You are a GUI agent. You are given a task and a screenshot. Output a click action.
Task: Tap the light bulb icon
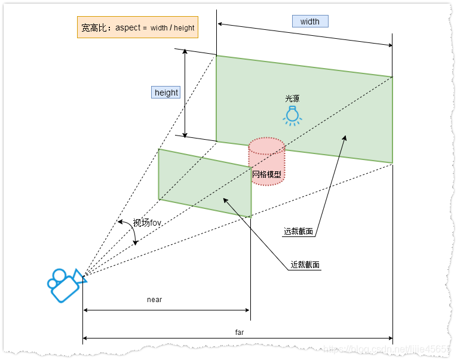pyautogui.click(x=292, y=115)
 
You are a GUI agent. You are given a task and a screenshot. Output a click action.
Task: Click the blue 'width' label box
pyautogui.click(x=310, y=21)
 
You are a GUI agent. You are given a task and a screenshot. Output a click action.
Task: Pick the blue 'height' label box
pyautogui.click(x=166, y=92)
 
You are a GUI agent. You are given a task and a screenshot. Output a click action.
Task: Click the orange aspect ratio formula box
pyautogui.click(x=137, y=27)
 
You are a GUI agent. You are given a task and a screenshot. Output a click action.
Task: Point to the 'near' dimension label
pyautogui.click(x=155, y=300)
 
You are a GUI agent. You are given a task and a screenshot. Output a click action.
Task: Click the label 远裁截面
pyautogui.click(x=299, y=232)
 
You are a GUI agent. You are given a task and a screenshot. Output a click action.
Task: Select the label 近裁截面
pyautogui.click(x=305, y=265)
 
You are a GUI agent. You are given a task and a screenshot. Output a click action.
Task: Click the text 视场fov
pyautogui.click(x=147, y=223)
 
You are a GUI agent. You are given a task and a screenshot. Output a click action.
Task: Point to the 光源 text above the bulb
pyautogui.click(x=292, y=99)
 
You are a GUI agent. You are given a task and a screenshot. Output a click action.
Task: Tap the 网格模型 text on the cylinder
pyautogui.click(x=266, y=175)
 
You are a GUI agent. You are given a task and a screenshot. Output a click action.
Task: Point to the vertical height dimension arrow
pyautogui.click(x=185, y=93)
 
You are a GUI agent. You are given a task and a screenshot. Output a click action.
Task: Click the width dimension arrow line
pyautogui.click(x=305, y=34)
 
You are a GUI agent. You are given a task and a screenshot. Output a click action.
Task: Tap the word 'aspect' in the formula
pyautogui.click(x=128, y=27)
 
